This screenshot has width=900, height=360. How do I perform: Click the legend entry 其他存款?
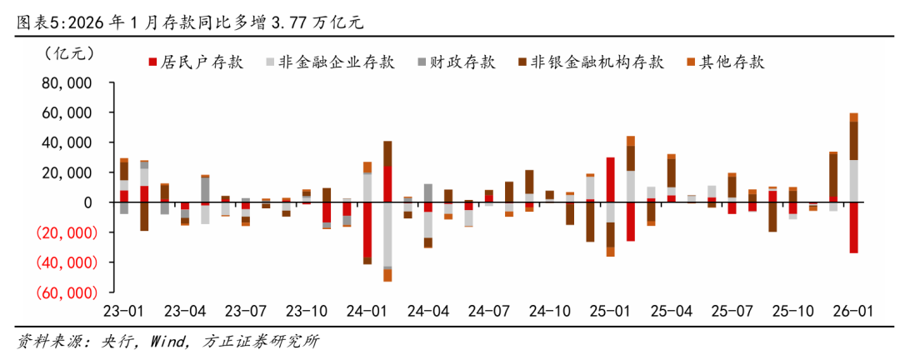click(x=725, y=62)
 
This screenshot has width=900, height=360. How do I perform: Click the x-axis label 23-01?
click(x=123, y=312)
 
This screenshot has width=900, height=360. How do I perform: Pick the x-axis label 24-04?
click(x=428, y=312)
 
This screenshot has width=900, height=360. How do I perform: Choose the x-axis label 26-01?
click(x=854, y=312)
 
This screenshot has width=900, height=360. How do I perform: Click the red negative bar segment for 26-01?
click(x=854, y=227)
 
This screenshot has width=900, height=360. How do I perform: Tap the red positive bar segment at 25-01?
click(x=611, y=179)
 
